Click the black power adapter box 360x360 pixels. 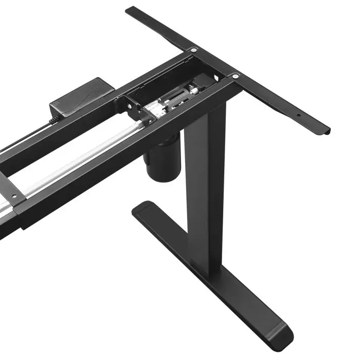pyautogui.click(x=82, y=98)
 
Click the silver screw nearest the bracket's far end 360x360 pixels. pyautogui.click(x=194, y=50)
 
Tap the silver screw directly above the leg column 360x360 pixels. pyautogui.click(x=235, y=76)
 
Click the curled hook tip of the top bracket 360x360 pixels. pyautogui.click(x=324, y=131)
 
